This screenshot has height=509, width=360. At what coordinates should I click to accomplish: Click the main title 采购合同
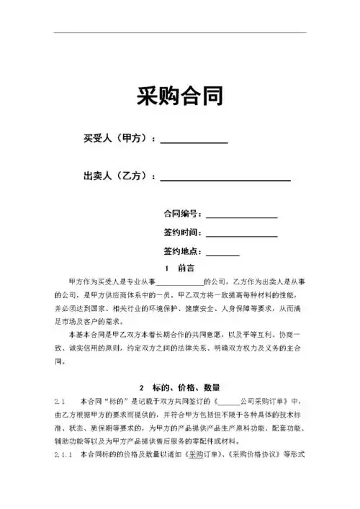pyautogui.click(x=179, y=95)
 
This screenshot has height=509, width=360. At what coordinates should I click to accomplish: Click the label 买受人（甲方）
pyautogui.click(x=117, y=138)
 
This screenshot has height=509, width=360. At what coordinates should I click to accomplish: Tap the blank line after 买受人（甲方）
pyautogui.click(x=194, y=142)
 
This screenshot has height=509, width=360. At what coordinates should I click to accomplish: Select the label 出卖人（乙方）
pyautogui.click(x=117, y=175)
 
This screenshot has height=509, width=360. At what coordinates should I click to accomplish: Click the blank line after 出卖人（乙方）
pyautogui.click(x=225, y=179)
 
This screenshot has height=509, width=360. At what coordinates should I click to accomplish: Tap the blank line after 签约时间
pyautogui.click(x=242, y=236)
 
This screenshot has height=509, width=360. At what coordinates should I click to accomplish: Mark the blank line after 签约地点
pyautogui.click(x=223, y=255)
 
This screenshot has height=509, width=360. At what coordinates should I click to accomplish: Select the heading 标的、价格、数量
pyautogui.click(x=189, y=387)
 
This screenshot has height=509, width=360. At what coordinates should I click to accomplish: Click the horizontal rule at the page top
pyautogui.click(x=179, y=32)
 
